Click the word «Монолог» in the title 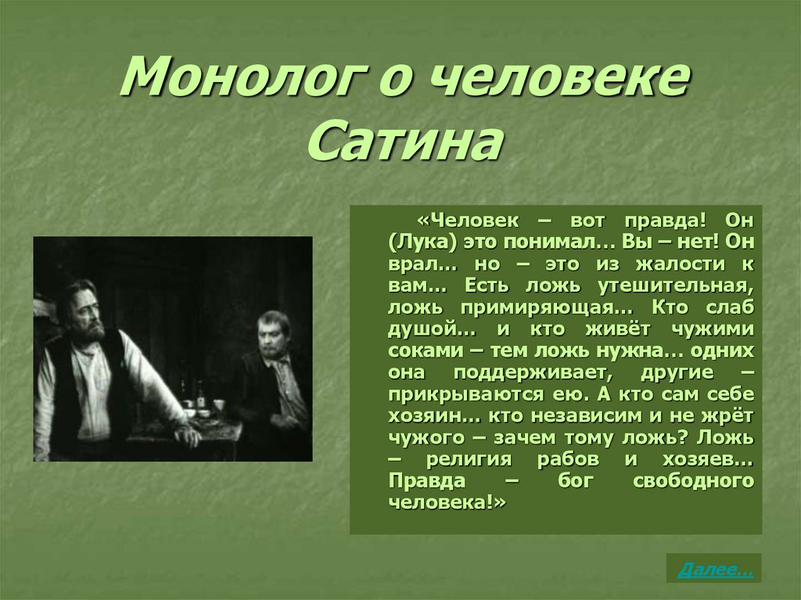click(241, 77)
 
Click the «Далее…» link click(715, 569)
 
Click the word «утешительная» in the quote click(675, 286)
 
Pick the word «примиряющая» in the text click(545, 307)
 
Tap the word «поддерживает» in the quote click(533, 372)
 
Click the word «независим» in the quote click(586, 415)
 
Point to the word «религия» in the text click(469, 459)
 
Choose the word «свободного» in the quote click(693, 480)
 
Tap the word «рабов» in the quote click(568, 459)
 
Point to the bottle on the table click(201, 396)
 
